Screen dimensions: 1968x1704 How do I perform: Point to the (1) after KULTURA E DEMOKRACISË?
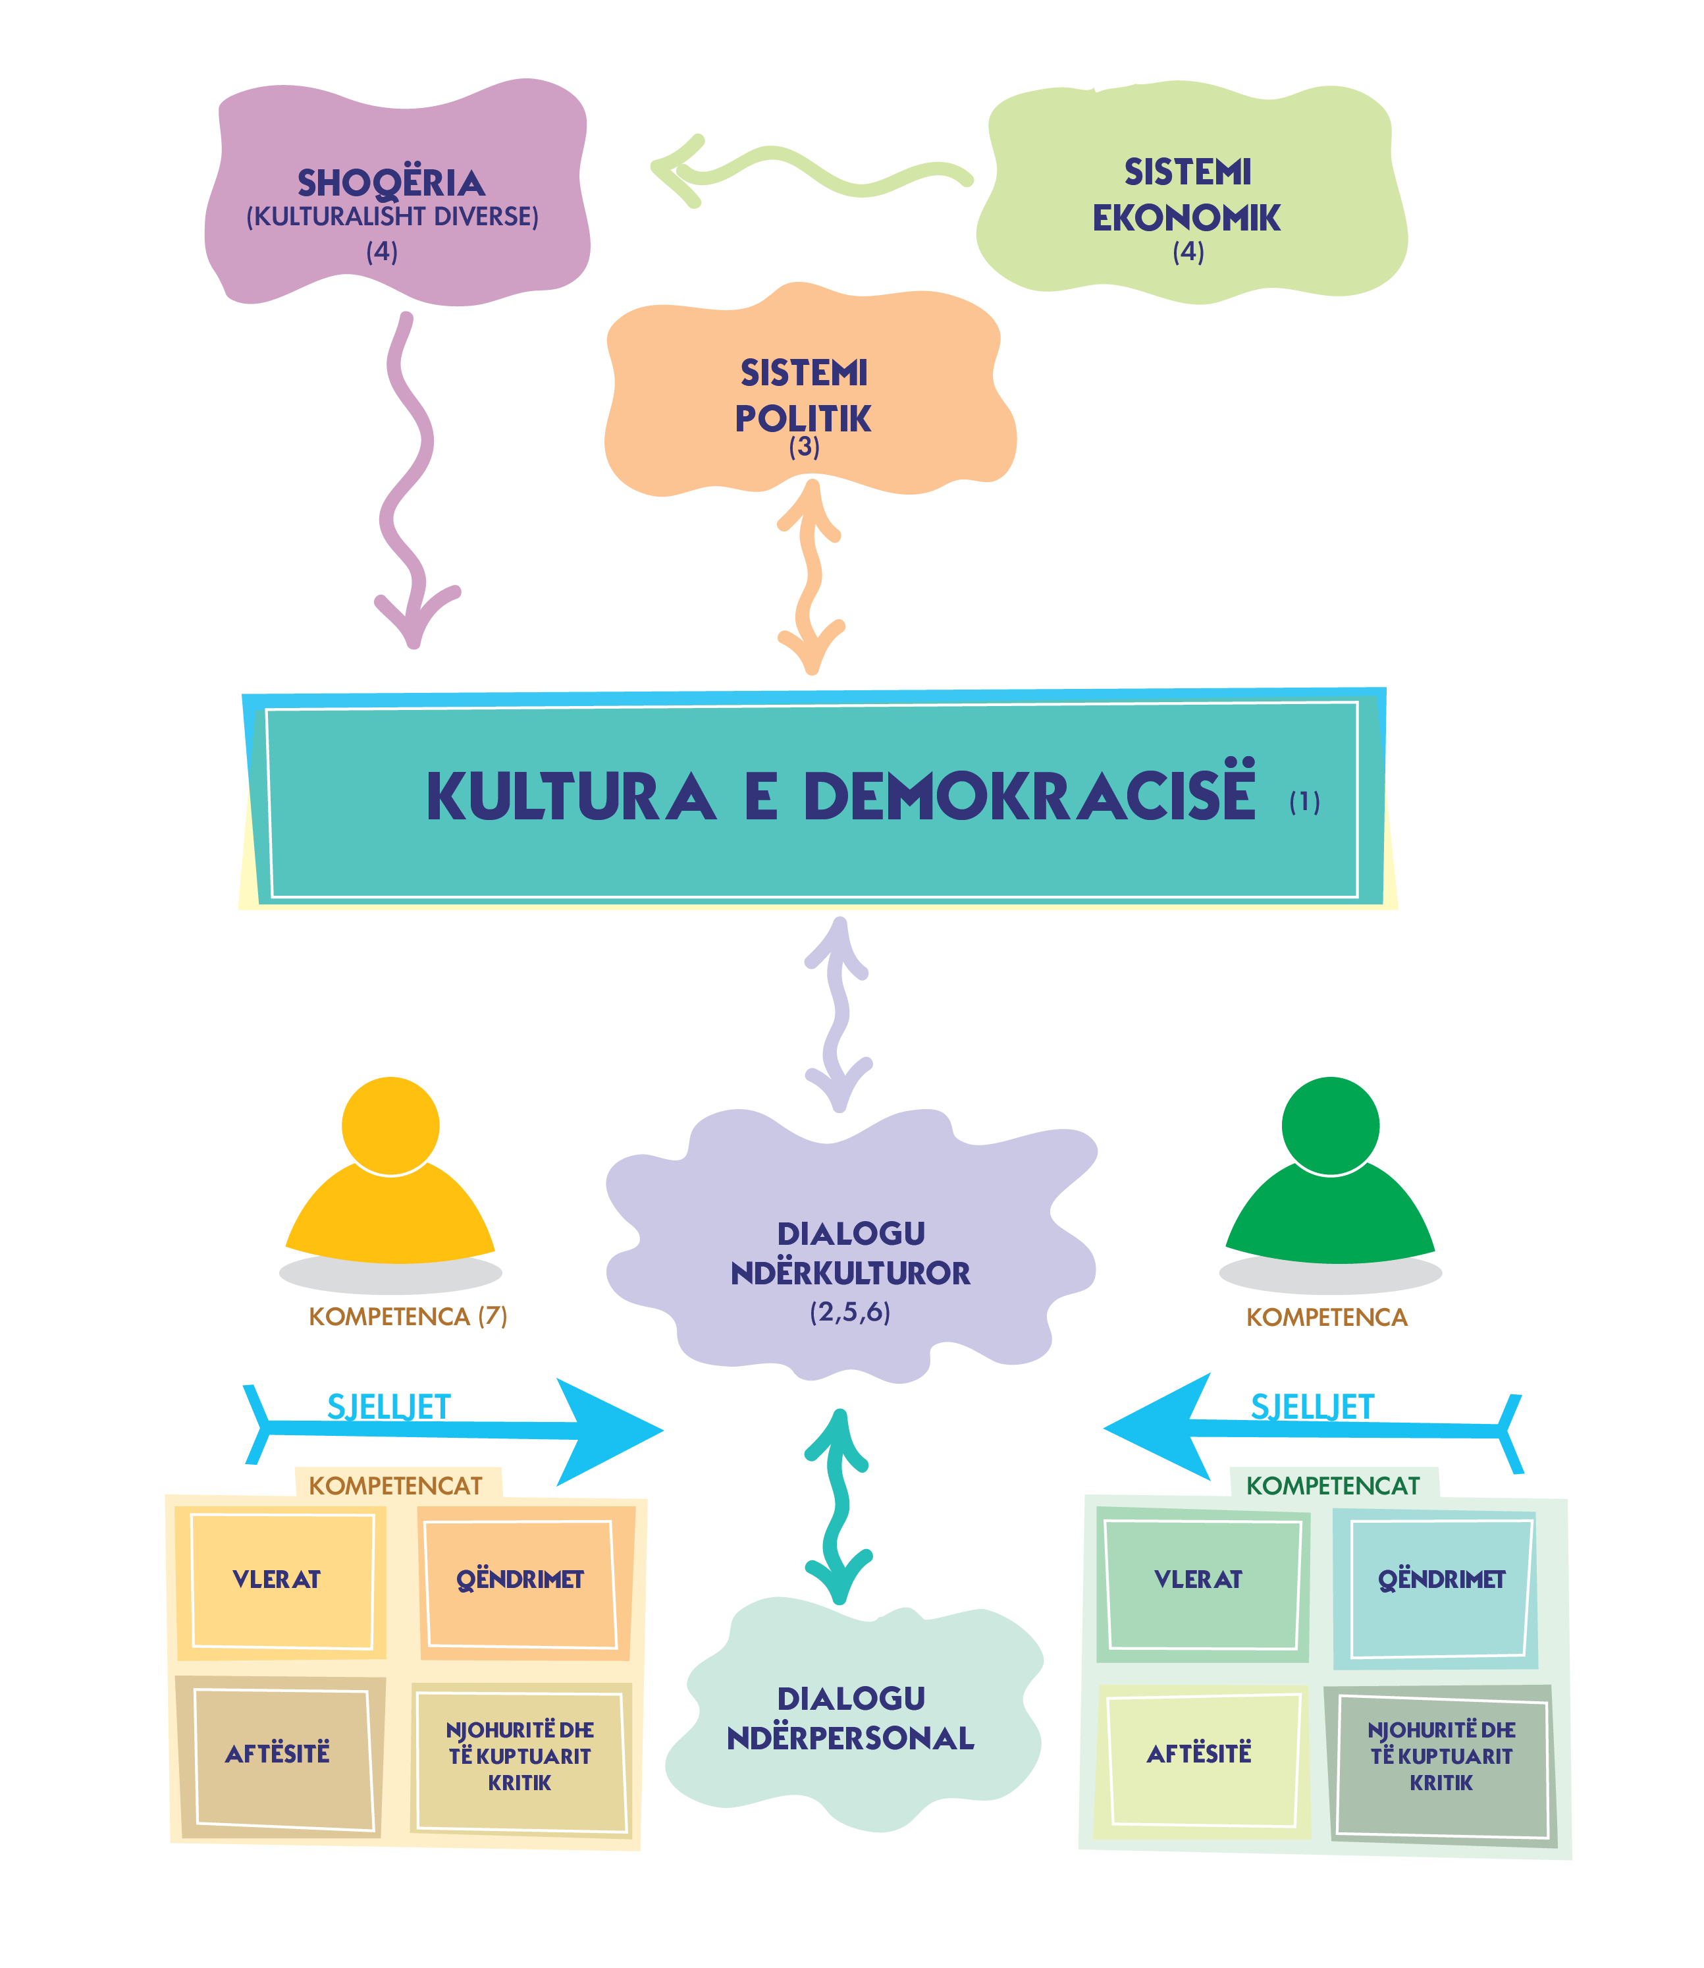coord(1304,802)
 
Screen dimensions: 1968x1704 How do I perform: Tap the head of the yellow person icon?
coord(391,1125)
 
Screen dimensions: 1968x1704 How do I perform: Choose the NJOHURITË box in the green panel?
coord(1441,1756)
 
